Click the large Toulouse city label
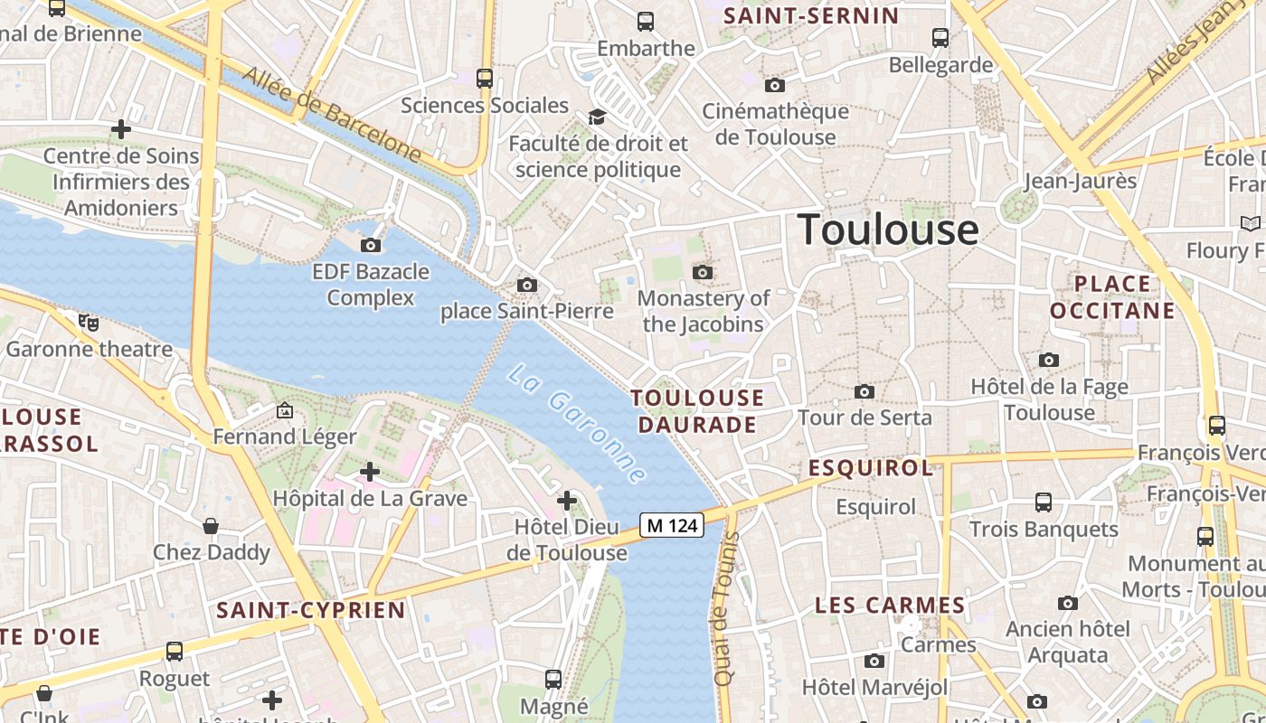pos(887,230)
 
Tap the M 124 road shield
pos(672,524)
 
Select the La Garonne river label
pos(577,423)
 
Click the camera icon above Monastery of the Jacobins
pos(702,272)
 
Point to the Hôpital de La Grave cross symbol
pos(370,471)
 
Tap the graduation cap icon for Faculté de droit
pos(597,117)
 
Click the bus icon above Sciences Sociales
pos(485,79)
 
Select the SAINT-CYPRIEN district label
pos(311,610)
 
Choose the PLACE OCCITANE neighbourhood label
pos(1113,297)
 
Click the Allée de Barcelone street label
pos(332,115)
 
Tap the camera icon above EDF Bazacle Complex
pos(370,245)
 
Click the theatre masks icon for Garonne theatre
pos(89,322)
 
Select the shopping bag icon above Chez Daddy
pos(211,526)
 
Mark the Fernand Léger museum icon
pos(285,411)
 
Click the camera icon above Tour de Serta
pos(864,391)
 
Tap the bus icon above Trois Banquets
pos(1044,502)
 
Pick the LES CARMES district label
pos(890,606)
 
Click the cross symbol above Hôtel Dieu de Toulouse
pos(567,500)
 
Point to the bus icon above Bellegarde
pos(940,38)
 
